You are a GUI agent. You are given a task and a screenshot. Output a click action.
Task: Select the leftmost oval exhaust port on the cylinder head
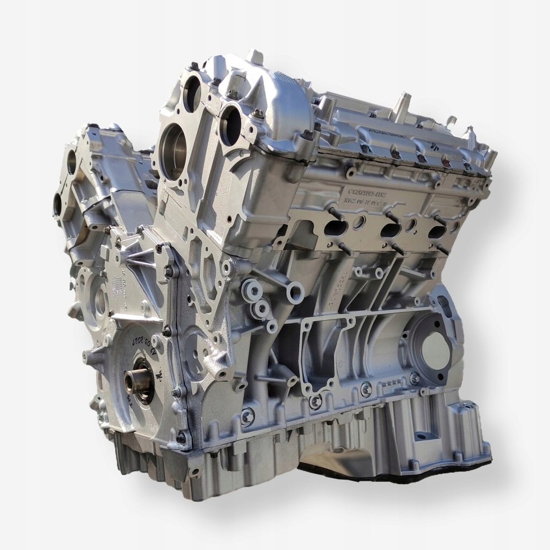coord(336,228)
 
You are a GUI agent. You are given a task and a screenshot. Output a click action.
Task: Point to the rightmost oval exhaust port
coord(436,231)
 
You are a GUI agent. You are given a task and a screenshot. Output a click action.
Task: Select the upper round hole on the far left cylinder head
coord(72,162)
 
